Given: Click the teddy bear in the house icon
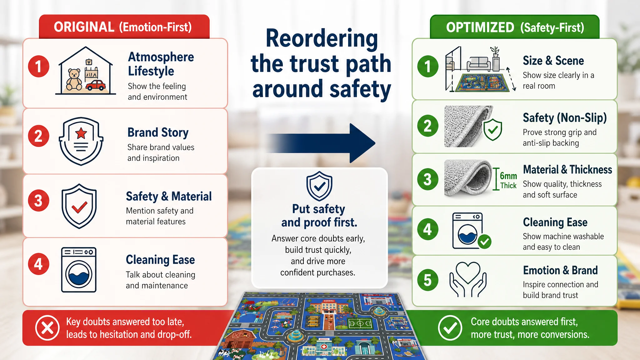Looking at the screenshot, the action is click(x=74, y=80).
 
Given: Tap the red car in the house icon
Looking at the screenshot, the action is click(x=96, y=85).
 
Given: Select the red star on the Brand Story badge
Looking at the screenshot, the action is click(x=81, y=133).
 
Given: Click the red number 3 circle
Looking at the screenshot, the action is click(x=38, y=201).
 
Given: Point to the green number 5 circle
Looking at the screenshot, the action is click(x=427, y=280).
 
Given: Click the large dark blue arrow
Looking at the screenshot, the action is click(x=322, y=143).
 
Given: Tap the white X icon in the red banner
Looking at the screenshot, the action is click(x=47, y=328).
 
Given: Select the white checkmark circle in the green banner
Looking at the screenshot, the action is click(x=450, y=328).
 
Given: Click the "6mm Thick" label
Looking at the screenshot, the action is click(x=508, y=181).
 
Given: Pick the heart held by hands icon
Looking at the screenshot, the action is click(x=468, y=279).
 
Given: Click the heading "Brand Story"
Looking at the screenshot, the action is click(x=158, y=132).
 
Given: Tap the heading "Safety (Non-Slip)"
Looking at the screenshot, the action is click(x=565, y=118).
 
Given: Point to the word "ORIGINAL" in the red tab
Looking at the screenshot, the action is click(x=84, y=27).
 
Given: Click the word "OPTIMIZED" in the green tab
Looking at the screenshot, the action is click(x=480, y=27).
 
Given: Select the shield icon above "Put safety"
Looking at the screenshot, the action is click(x=319, y=186).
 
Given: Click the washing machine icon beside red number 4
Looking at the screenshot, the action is click(x=79, y=270).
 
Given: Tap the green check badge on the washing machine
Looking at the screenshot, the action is click(x=484, y=242).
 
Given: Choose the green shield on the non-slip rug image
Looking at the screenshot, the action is click(x=492, y=129).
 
